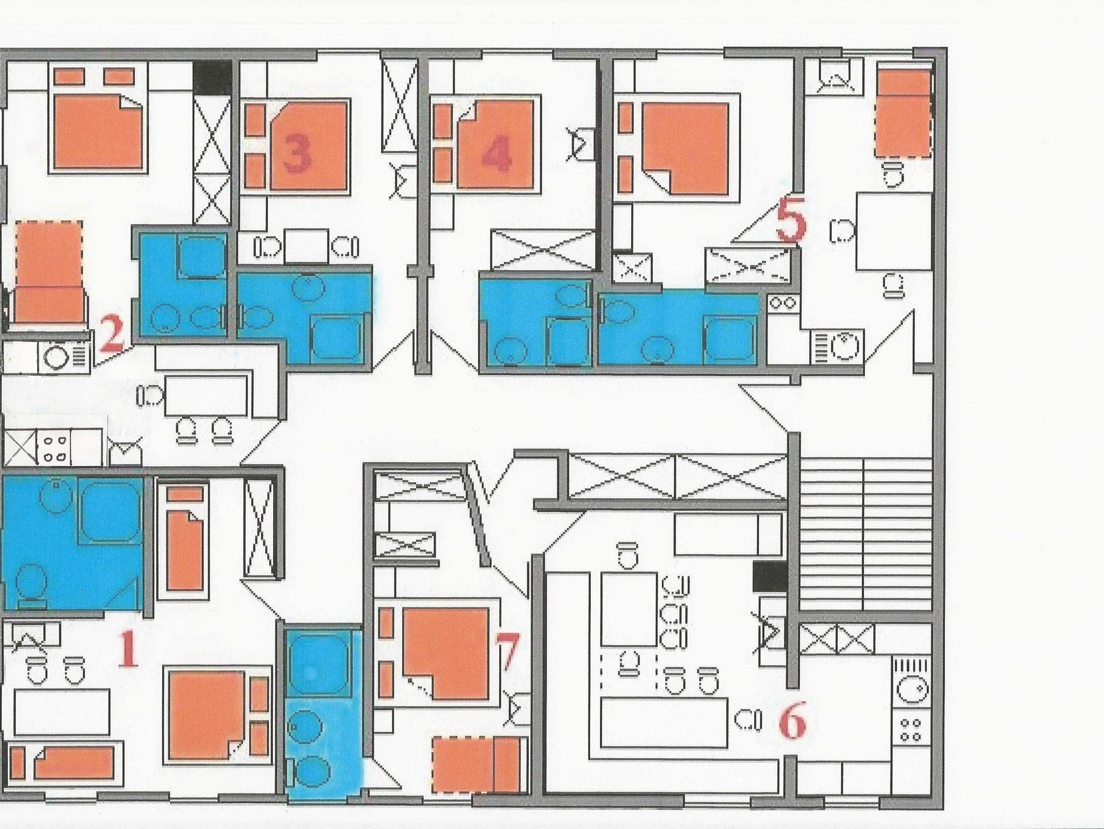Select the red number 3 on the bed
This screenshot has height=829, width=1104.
(298, 151)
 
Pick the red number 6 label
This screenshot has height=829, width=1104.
(792, 724)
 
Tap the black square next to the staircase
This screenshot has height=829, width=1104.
(769, 576)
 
